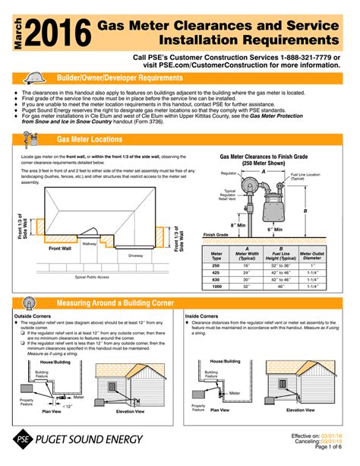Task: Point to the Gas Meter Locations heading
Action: click(x=90, y=140)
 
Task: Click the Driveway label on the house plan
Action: click(x=135, y=255)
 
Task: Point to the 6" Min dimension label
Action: click(x=274, y=229)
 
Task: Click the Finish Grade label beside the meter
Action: click(x=216, y=235)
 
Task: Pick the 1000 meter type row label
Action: click(x=216, y=287)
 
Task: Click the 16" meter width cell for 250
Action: click(x=246, y=264)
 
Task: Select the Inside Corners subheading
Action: click(x=203, y=315)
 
